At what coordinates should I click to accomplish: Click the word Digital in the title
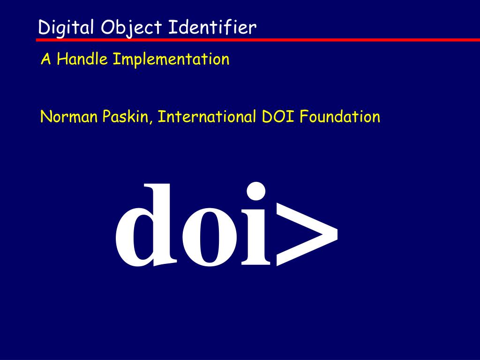click(66, 28)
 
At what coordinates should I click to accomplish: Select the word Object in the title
click(131, 28)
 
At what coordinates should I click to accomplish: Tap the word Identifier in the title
click(212, 27)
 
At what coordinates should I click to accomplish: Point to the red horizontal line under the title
click(258, 40)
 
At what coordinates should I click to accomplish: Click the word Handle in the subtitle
click(82, 59)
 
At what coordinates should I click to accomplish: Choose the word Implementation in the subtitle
click(171, 59)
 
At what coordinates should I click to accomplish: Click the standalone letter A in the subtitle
click(45, 59)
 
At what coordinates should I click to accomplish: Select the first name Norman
click(69, 117)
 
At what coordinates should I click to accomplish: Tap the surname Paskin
click(125, 116)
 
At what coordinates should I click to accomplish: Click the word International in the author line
click(207, 116)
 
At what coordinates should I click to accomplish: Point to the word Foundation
click(340, 116)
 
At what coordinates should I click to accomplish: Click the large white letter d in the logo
click(146, 225)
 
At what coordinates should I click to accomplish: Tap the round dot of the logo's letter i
click(256, 191)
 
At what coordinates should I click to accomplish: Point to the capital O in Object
click(108, 27)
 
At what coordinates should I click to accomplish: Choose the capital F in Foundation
click(304, 117)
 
